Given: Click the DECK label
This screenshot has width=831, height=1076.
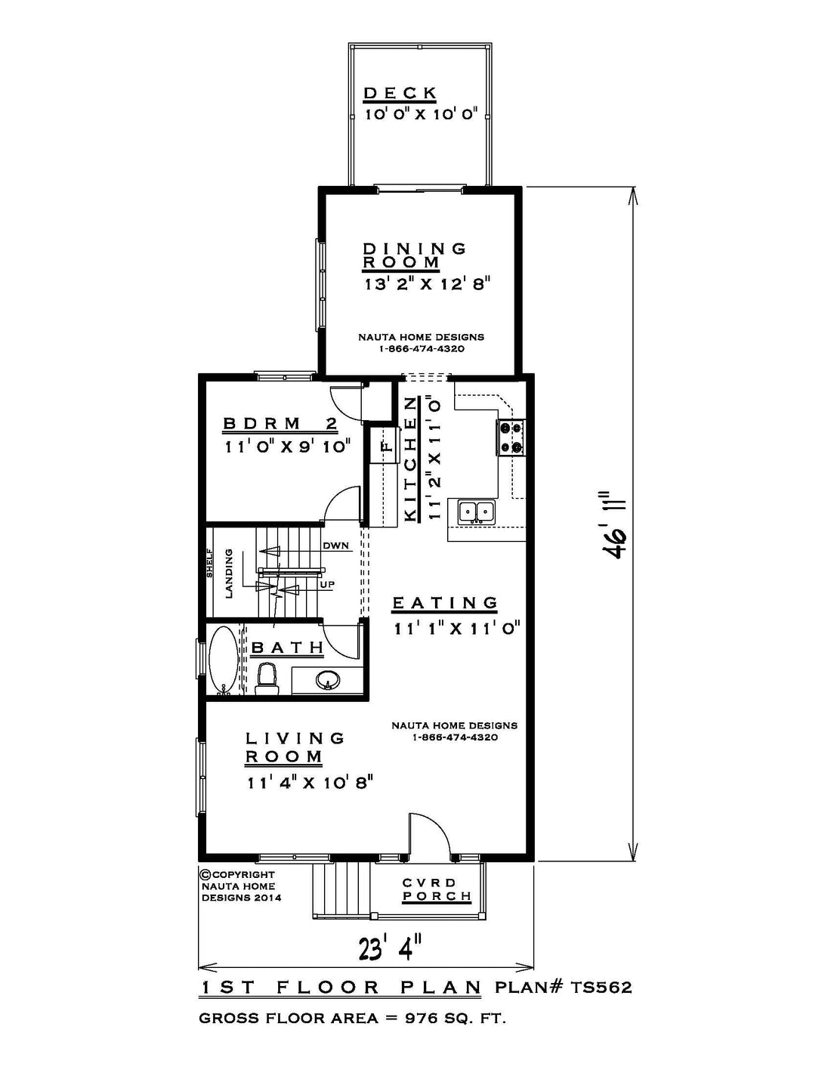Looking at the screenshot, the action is (400, 93).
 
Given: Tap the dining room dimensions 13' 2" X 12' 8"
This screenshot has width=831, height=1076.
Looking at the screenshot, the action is (427, 285).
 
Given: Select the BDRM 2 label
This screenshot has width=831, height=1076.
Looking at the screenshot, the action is (280, 424).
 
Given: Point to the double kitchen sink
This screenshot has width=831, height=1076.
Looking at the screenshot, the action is (476, 512).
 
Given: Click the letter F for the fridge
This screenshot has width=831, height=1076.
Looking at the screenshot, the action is (388, 446).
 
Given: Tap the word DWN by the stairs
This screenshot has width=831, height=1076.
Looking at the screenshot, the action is (336, 546).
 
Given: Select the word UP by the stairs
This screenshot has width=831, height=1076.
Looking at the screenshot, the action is (327, 585).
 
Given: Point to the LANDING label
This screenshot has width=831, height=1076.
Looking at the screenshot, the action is (229, 574).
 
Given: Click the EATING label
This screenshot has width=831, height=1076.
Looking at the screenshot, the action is (444, 603).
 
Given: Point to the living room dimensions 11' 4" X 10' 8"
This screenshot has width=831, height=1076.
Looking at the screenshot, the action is (309, 783).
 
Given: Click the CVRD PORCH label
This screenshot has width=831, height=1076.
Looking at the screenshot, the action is (437, 889).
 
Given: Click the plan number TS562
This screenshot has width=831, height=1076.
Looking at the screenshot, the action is (601, 988).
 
